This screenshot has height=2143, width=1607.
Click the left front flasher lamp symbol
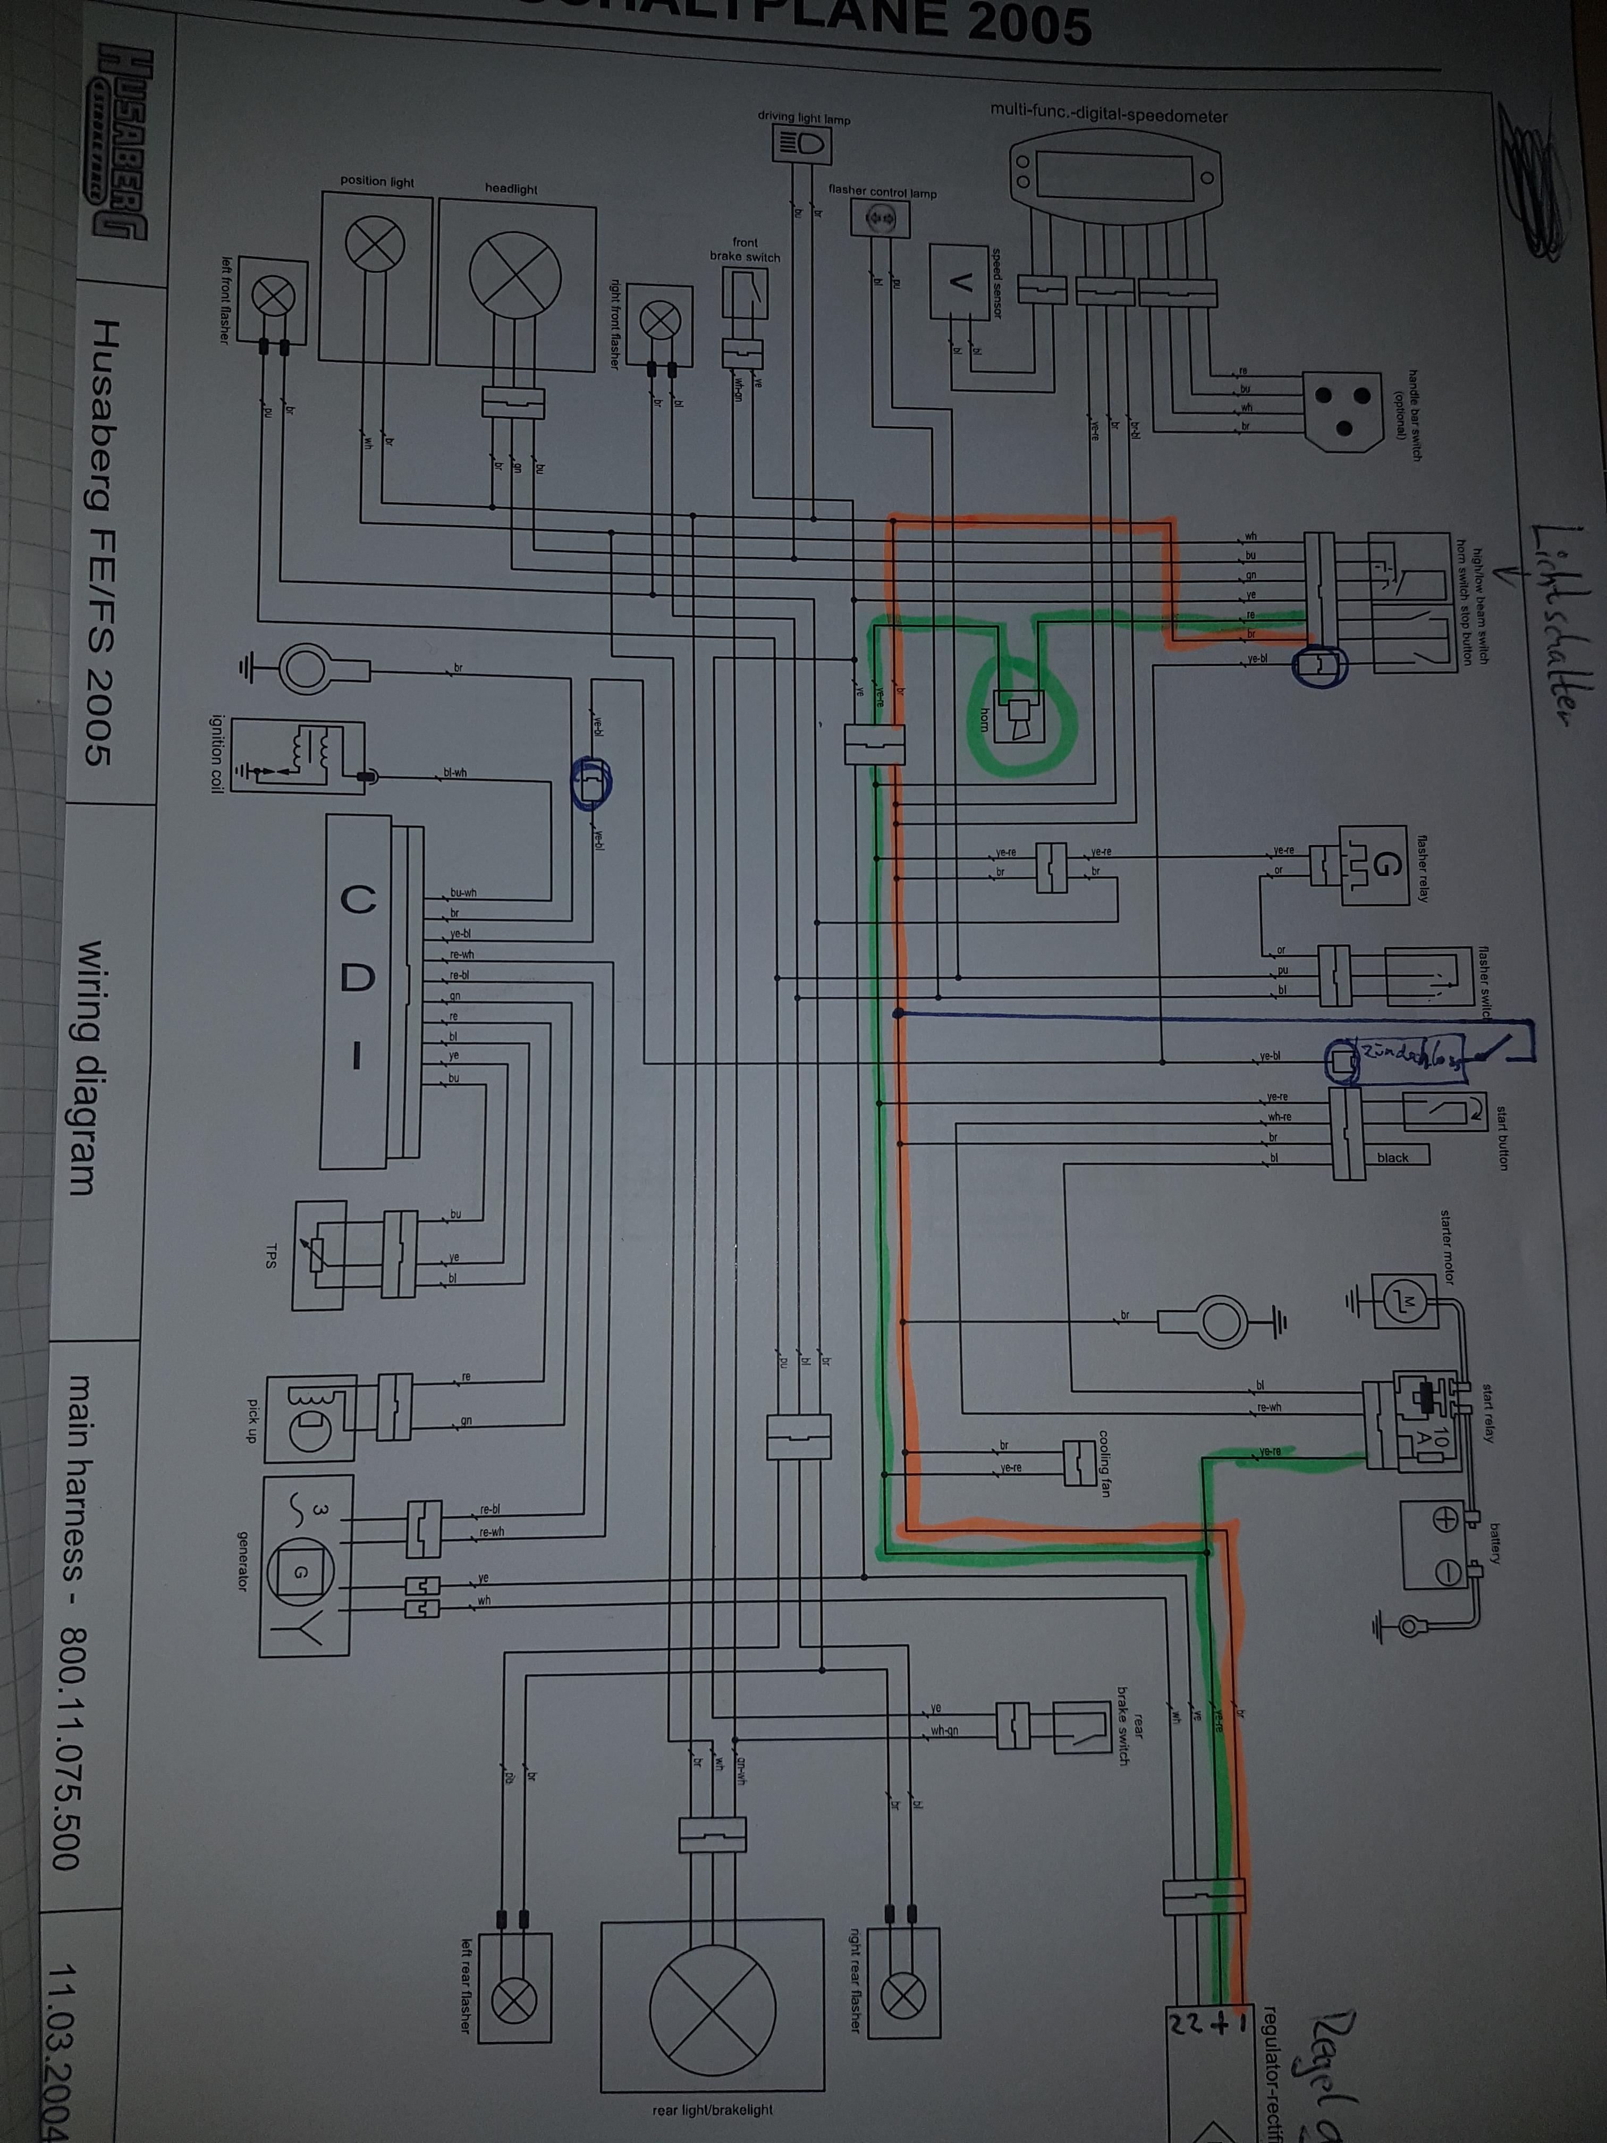click(274, 296)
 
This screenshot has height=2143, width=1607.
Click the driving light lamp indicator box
click(802, 145)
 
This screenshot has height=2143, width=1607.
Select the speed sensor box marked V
click(960, 282)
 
